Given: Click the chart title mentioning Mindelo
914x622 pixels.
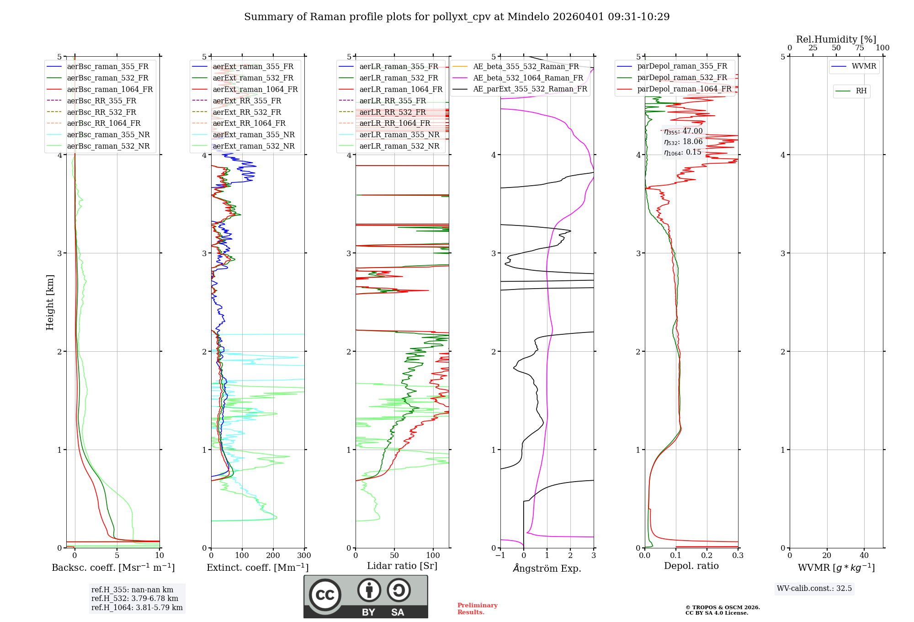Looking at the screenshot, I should (457, 17).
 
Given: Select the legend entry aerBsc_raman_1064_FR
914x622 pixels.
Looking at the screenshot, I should (110, 89).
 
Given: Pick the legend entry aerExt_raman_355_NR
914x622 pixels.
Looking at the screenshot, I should (254, 134).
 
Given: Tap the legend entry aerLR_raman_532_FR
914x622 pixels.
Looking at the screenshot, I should (399, 78).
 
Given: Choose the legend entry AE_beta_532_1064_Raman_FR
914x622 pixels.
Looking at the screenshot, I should (528, 78).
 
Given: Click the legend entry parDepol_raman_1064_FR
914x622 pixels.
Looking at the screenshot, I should (684, 89).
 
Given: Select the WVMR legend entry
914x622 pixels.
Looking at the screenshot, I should (864, 66).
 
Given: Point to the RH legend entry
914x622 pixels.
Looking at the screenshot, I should (861, 91).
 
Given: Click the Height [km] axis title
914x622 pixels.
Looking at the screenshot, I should (50, 302).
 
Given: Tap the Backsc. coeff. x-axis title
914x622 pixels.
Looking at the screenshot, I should (113, 568).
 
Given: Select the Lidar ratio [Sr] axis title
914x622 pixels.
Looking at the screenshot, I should (402, 566).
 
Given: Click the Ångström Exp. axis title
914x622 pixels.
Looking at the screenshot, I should (547, 568).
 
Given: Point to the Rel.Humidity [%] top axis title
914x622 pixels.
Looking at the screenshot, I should (836, 39).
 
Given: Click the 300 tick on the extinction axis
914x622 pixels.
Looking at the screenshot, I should (304, 556).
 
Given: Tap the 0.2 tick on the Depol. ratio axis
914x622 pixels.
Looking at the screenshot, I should (707, 556).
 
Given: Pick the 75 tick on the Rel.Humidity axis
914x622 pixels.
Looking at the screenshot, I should (859, 48).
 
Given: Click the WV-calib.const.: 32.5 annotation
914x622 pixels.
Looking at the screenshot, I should (814, 589).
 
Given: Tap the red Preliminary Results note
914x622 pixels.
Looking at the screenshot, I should (477, 609).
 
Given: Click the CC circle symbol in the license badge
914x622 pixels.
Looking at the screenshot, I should (325, 595).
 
